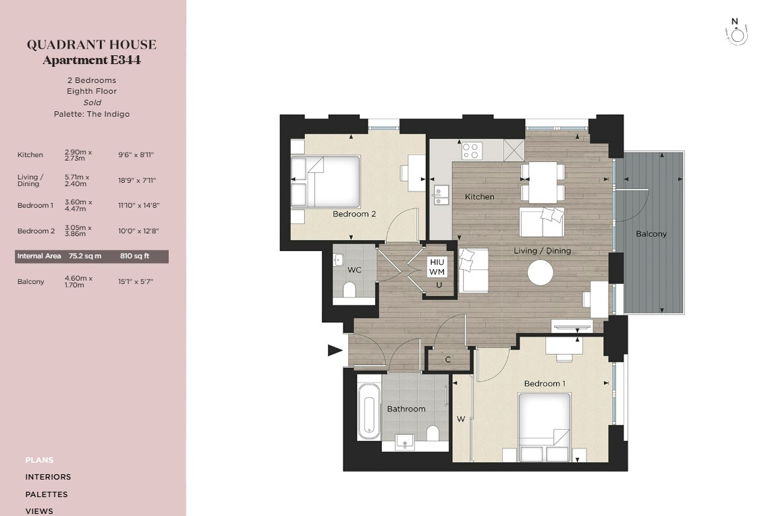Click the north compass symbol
pos(736,33)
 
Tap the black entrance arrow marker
pos(335,350)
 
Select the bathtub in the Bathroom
pos(368,411)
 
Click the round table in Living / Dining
pos(540,272)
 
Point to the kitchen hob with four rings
pos(472,150)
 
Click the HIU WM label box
pos(437,266)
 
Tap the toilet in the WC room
pos(350,289)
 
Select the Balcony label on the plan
pos(651,233)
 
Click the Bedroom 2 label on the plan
pos(354,214)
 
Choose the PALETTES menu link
pos(47,494)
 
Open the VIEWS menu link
pos(39,511)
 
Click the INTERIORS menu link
pos(48,477)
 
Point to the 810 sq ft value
pos(134,256)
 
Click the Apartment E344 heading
pos(92,60)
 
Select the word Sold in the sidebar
pos(92,102)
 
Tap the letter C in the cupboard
pos(448,360)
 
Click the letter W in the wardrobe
pos(461,419)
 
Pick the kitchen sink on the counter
pos(441,196)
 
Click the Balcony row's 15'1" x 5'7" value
pos(136,281)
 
